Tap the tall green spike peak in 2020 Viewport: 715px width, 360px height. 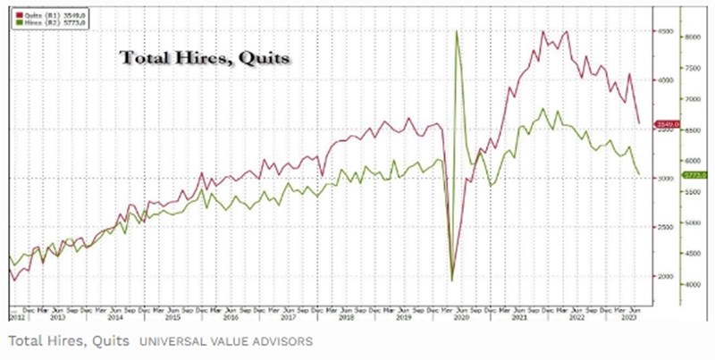[x=458, y=31]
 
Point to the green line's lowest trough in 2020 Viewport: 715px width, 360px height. [x=452, y=280]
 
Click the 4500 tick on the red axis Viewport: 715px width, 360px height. [x=664, y=31]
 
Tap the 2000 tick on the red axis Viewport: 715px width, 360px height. [x=664, y=276]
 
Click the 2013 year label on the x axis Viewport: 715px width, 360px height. [x=57, y=316]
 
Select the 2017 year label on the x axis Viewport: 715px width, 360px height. [x=288, y=316]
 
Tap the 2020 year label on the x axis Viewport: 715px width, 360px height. [x=462, y=316]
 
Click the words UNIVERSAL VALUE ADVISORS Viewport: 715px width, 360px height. [x=224, y=341]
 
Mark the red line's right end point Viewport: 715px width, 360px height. [x=638, y=122]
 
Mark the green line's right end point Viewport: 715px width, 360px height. [x=638, y=174]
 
